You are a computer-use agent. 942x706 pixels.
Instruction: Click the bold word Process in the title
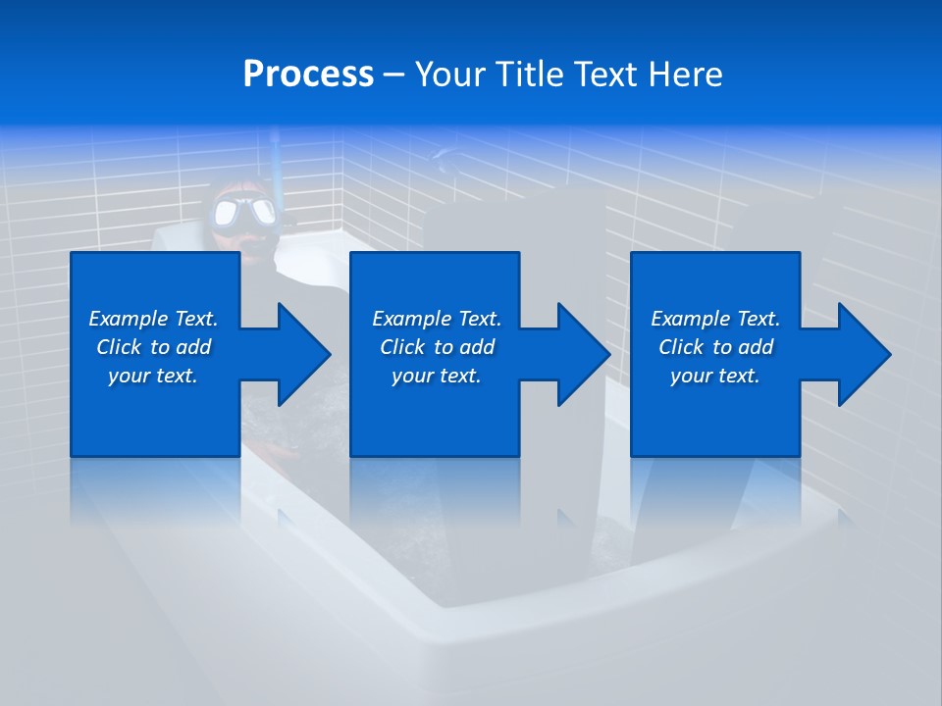pos(308,74)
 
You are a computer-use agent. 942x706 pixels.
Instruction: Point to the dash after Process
pos(394,76)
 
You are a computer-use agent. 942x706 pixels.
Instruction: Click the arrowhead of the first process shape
pos(302,354)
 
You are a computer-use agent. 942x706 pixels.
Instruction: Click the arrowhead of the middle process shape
pos(582,354)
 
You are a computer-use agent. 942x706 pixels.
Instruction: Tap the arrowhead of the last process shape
pos(863,354)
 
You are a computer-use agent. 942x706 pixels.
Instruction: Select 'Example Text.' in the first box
pos(153,319)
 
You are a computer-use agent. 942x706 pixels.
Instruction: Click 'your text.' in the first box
pos(153,376)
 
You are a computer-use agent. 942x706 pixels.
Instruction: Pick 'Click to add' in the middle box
pos(437,347)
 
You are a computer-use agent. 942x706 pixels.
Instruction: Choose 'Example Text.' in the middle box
pos(437,319)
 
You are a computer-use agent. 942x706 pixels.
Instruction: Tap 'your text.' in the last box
pos(715,376)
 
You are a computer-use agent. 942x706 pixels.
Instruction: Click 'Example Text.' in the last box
pos(715,319)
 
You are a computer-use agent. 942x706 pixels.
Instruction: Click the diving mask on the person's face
pos(246,213)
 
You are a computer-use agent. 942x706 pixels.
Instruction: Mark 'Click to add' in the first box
pos(153,347)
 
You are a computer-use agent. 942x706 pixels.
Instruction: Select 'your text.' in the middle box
pos(437,376)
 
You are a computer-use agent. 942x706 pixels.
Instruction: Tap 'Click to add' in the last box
pos(715,347)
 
